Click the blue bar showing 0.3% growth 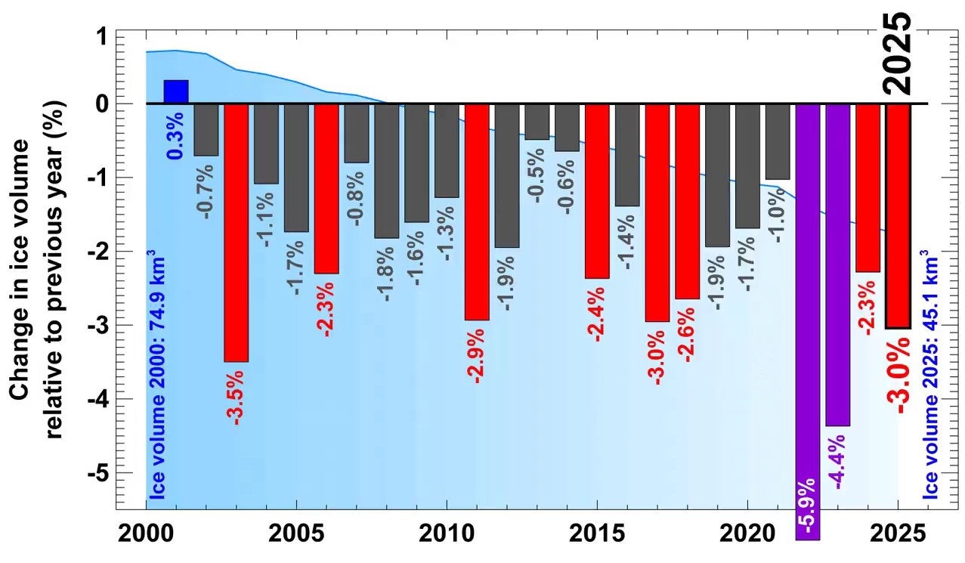pos(176,91)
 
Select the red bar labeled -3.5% pos(236,233)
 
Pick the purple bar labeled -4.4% pos(838,264)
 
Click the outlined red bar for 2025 pos(898,215)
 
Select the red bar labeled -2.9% pos(476,212)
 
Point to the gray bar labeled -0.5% pos(537,122)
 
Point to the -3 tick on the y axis pos(101,325)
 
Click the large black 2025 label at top pos(900,53)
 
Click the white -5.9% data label pos(809,508)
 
